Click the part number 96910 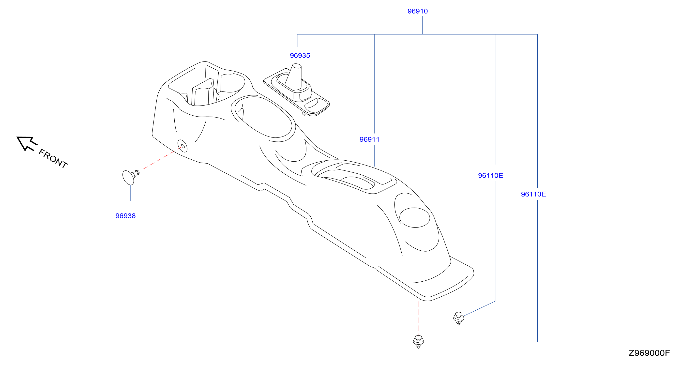tap(418, 11)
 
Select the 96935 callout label tap(300, 56)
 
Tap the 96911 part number tap(369, 139)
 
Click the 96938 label tap(125, 216)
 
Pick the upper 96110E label tap(490, 175)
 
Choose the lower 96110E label tap(533, 194)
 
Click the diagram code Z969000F tap(649, 353)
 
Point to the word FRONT tap(53, 159)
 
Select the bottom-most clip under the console tap(418, 341)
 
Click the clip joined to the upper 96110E tap(459, 318)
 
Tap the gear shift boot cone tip tap(297, 66)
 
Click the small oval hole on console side tap(182, 146)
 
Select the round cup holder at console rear tap(414, 217)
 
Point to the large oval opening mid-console tap(263, 117)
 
